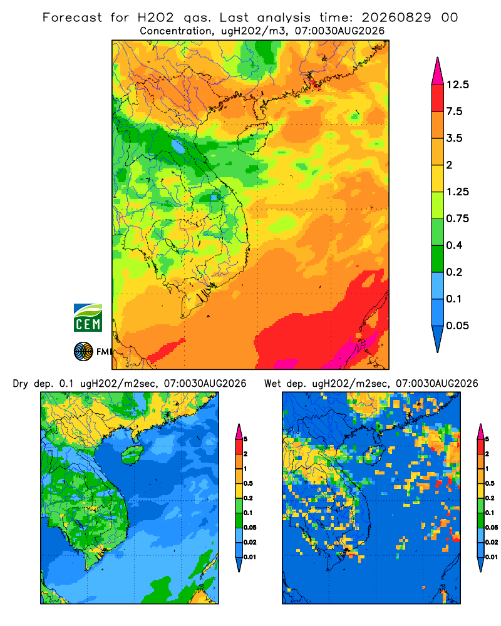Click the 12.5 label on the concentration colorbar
click(x=458, y=85)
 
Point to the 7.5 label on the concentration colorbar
click(x=454, y=111)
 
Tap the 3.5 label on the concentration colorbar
click(x=454, y=138)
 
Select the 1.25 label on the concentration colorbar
click(x=458, y=192)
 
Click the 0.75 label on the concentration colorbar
click(x=458, y=218)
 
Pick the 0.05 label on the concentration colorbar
click(x=458, y=326)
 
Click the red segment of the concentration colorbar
click(x=438, y=98)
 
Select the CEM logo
click(x=88, y=318)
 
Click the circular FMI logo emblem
click(x=83, y=352)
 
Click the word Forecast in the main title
click(x=72, y=18)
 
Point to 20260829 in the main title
click(x=396, y=18)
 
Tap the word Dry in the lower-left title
click(x=21, y=384)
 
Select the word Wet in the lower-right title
click(x=273, y=384)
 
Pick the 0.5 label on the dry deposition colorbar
click(x=248, y=483)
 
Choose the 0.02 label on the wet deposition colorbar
click(x=492, y=542)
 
